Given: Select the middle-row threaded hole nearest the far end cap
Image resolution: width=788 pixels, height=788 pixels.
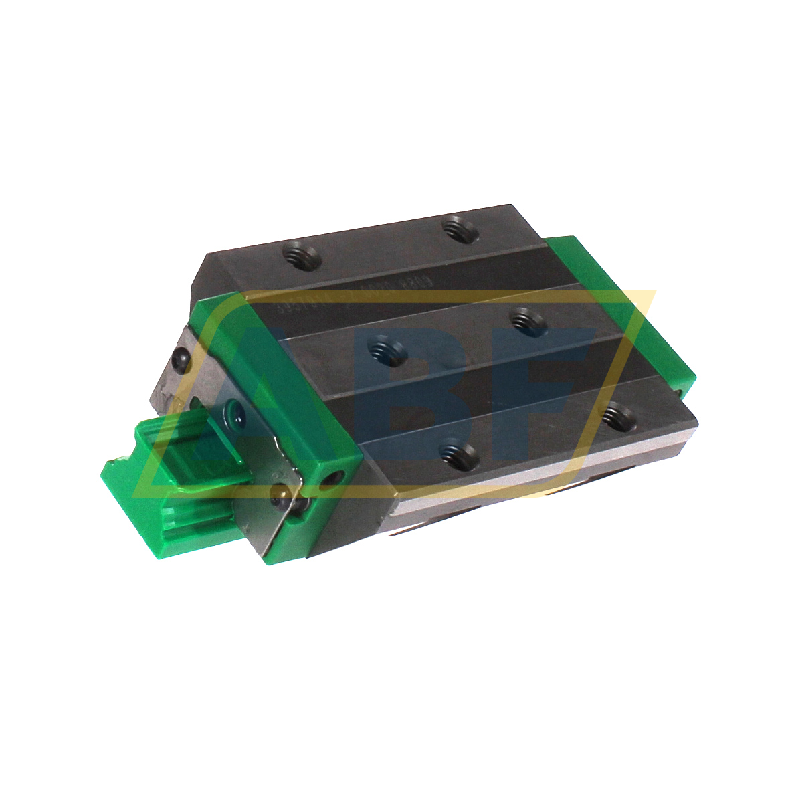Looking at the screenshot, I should pos(528,320).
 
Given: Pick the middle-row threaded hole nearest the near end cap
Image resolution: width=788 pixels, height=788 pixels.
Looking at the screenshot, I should pos(389,350).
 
